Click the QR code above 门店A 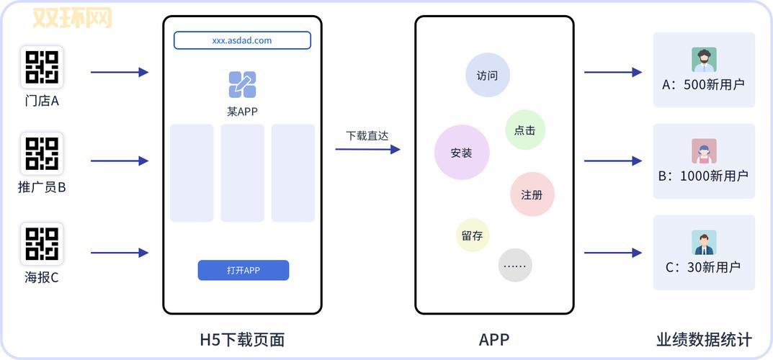click(x=42, y=67)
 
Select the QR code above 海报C click(x=42, y=243)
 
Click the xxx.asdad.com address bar click(x=242, y=40)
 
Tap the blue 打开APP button click(x=243, y=270)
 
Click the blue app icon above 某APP click(x=242, y=85)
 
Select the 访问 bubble click(x=488, y=75)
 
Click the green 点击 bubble click(x=525, y=130)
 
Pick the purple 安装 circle click(x=462, y=153)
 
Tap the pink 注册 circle click(x=532, y=194)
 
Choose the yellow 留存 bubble click(x=473, y=235)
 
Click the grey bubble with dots click(x=515, y=265)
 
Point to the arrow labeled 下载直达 click(x=367, y=149)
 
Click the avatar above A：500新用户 click(x=704, y=60)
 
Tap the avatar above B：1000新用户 click(x=704, y=151)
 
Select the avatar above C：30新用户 click(x=704, y=243)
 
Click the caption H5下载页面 click(x=242, y=339)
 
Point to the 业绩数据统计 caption click(x=704, y=339)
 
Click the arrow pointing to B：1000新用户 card click(x=612, y=161)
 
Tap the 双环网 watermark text click(x=73, y=18)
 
